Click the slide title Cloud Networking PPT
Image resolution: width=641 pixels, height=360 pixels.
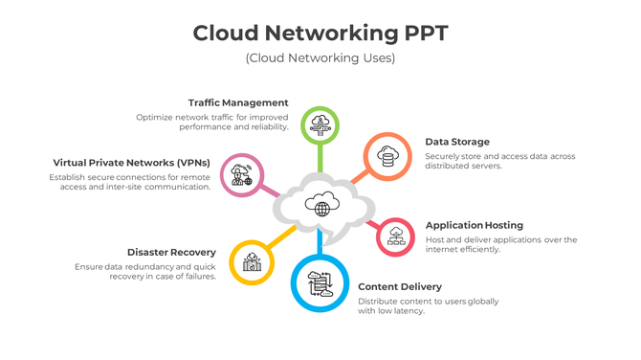320,33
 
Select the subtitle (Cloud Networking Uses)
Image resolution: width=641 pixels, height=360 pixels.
320,58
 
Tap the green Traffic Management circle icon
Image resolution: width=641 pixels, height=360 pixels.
320,124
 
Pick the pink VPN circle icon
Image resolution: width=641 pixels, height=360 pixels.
241,176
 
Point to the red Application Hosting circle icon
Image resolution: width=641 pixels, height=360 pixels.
395,236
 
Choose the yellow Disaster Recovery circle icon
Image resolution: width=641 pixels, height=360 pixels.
252,261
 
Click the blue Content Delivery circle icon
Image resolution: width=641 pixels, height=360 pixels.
319,283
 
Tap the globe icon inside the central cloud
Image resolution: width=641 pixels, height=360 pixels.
320,204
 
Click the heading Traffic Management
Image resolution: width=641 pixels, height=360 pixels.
238,102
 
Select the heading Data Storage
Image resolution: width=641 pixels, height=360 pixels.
457,142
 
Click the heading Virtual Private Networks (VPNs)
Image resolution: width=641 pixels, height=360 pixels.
131,163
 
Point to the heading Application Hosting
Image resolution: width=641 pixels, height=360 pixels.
475,225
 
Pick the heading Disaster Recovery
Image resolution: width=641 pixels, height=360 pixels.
171,253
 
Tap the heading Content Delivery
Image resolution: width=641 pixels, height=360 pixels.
400,286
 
